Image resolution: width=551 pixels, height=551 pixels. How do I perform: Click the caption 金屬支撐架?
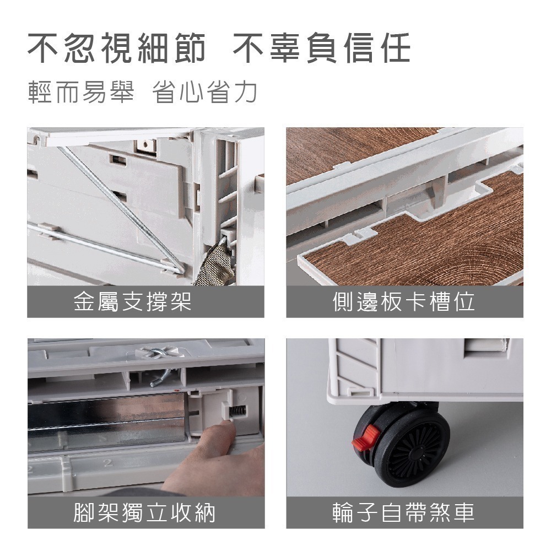pos(132,301)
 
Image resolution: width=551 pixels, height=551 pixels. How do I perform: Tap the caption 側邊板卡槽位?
pos(404,301)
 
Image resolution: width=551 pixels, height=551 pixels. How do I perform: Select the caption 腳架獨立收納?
pos(144,512)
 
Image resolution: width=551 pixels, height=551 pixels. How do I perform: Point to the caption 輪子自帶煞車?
pos(404,512)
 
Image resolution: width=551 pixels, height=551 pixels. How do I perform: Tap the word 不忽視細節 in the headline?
pos(117,48)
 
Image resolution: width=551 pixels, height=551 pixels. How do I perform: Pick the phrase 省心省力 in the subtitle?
pos(205,93)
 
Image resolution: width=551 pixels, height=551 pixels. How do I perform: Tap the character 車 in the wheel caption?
pos(463,512)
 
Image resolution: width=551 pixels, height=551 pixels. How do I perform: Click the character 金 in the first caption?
pos(85,301)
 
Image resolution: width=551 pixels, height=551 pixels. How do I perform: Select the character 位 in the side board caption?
pos(464,301)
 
